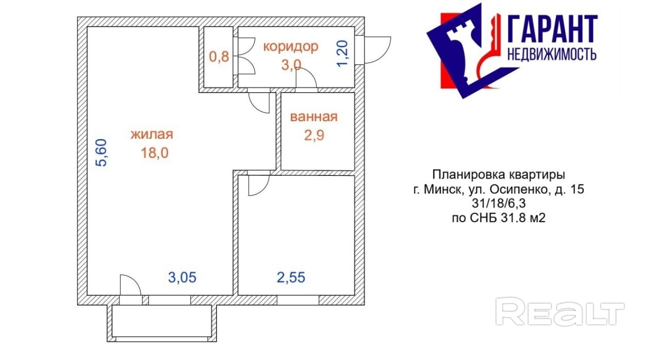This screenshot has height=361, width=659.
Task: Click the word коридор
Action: (291, 47)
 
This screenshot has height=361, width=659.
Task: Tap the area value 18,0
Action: (155, 153)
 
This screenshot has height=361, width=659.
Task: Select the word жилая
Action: (152, 135)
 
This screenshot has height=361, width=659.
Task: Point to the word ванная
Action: (314, 117)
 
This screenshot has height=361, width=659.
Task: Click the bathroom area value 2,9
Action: (314, 136)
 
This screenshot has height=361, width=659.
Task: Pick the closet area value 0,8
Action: (219, 57)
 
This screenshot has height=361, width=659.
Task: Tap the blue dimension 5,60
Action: (101, 153)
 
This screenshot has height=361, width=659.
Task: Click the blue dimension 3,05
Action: (182, 277)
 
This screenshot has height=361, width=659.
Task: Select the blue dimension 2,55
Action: (291, 277)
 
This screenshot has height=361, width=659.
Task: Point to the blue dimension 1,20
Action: (343, 54)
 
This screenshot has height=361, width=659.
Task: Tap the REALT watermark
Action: (560, 311)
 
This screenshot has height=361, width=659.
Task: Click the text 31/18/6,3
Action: (499, 204)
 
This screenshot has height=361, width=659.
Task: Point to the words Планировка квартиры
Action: (499, 175)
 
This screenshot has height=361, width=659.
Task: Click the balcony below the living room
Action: (162, 323)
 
